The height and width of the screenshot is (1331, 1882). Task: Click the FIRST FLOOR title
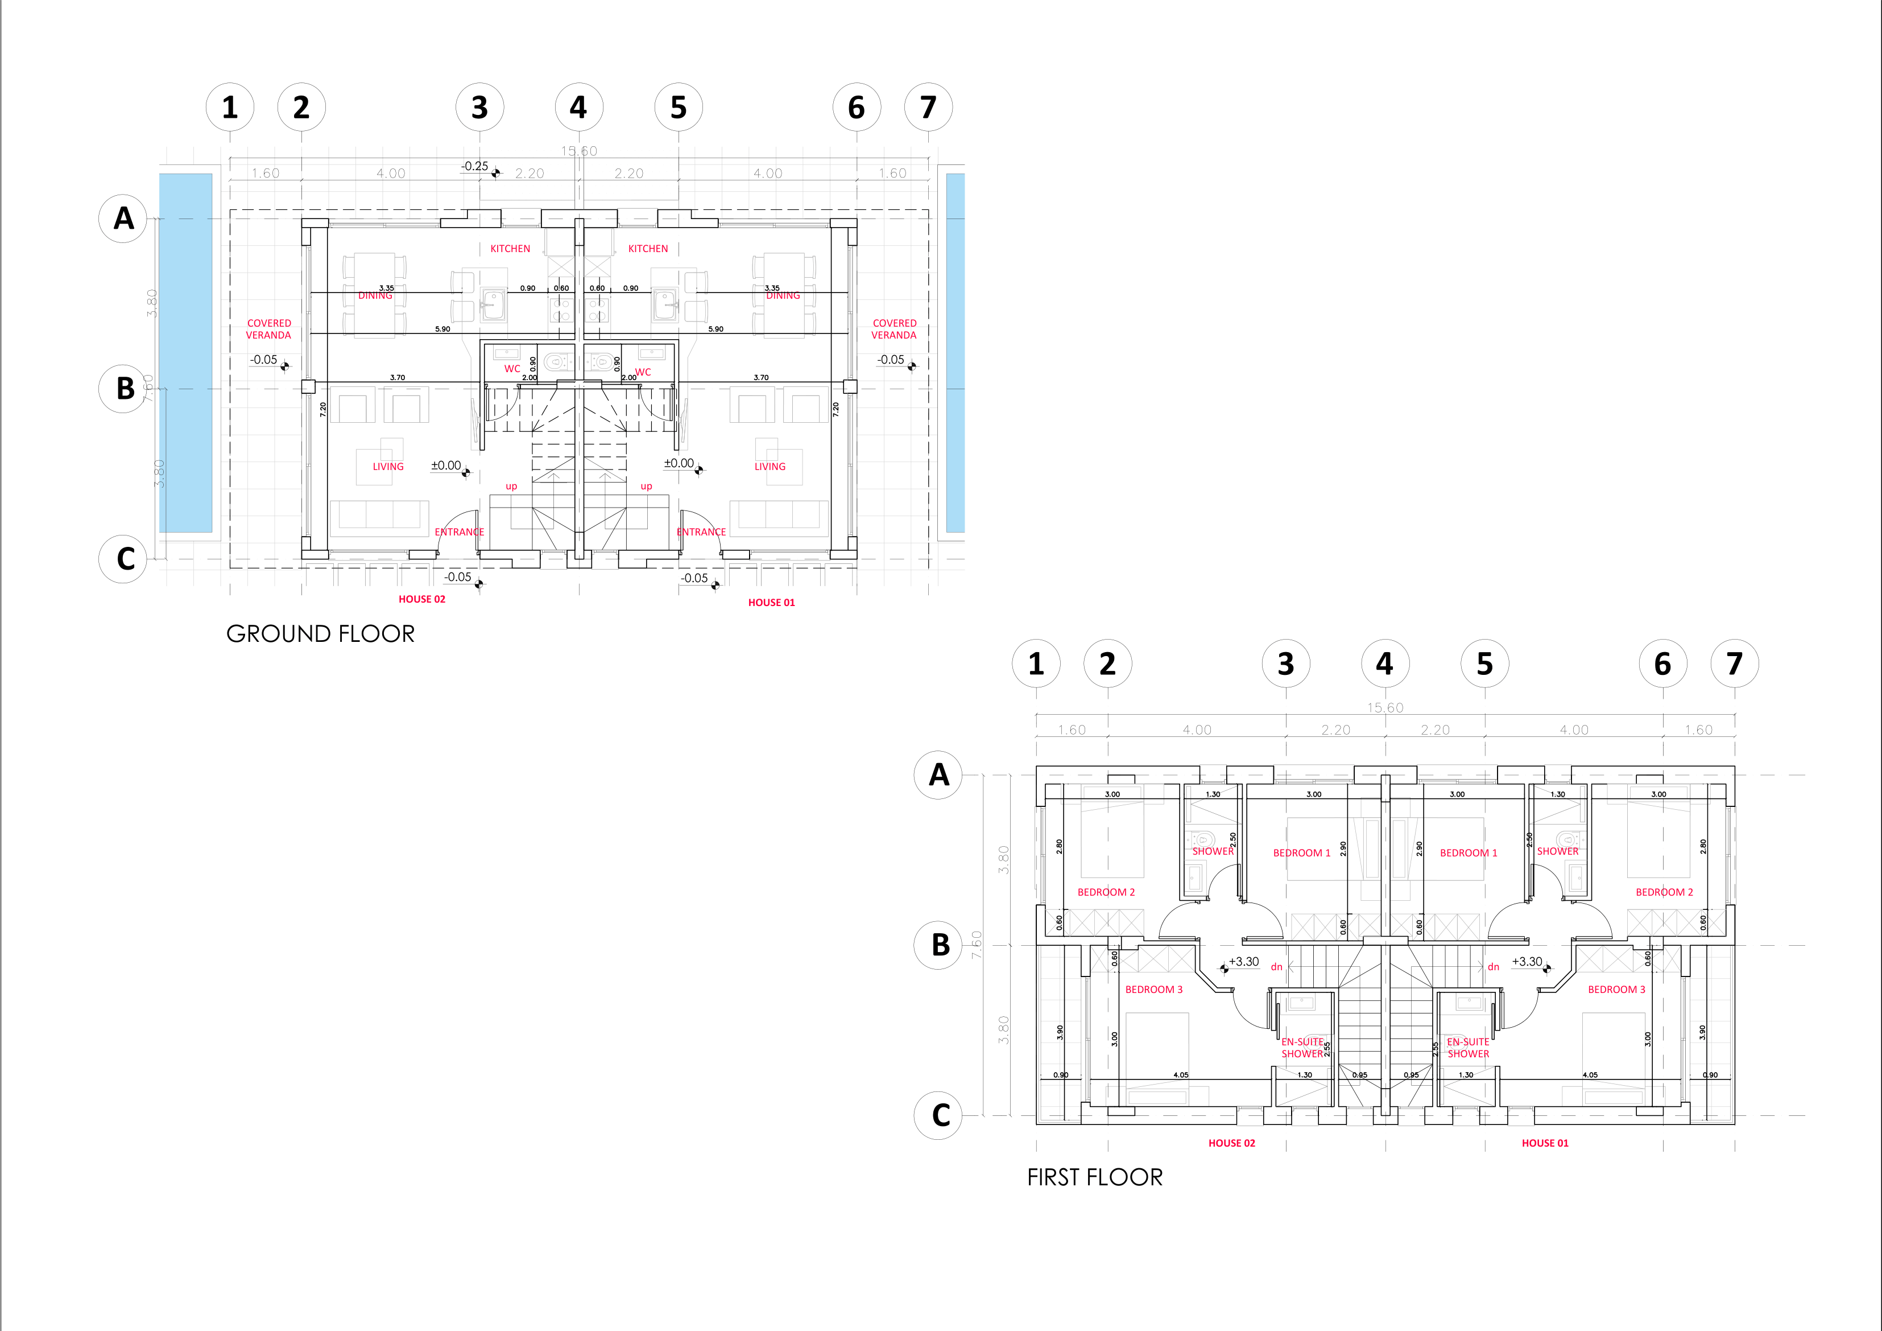1094,1178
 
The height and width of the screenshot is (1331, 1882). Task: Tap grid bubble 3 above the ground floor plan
479,108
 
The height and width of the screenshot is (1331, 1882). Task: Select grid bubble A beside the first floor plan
938,774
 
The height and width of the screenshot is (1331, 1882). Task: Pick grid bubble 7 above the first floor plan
1735,664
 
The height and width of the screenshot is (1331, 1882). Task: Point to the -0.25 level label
474,167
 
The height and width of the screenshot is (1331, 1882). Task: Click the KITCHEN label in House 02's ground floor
510,249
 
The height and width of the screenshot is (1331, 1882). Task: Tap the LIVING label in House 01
770,467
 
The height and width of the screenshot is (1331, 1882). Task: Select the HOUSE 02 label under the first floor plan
1231,1143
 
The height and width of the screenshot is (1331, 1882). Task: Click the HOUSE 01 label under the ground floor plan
771,603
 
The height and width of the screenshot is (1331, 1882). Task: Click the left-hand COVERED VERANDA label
269,329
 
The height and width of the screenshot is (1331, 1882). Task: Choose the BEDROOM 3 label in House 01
1616,990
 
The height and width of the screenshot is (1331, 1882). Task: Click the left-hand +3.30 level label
1243,962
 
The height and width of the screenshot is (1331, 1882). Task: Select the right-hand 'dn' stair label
1494,967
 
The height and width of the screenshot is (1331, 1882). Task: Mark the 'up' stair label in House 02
511,487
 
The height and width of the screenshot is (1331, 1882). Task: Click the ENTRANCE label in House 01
701,532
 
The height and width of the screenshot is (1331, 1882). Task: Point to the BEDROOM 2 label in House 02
1106,892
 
